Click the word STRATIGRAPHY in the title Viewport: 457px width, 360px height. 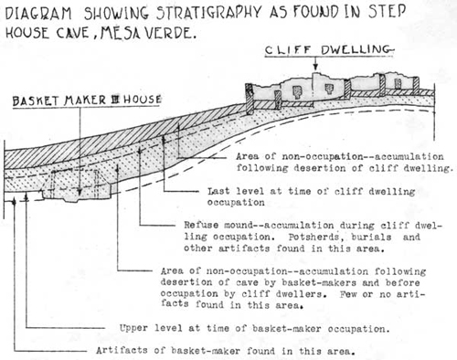pos(209,12)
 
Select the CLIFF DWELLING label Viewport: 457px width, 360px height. pos(328,50)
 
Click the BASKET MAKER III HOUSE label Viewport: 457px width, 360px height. pos(87,100)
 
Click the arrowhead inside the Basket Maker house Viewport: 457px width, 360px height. pos(80,192)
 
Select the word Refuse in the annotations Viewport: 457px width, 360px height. pos(201,225)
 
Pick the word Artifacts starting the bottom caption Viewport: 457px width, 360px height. pos(122,351)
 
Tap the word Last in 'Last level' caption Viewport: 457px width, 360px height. pos(218,191)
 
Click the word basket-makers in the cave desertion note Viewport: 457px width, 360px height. pos(319,282)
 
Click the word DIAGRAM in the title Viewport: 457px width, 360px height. pos(38,14)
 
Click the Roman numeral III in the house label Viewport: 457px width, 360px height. pos(115,100)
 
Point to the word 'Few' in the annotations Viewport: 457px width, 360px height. pos(348,294)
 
